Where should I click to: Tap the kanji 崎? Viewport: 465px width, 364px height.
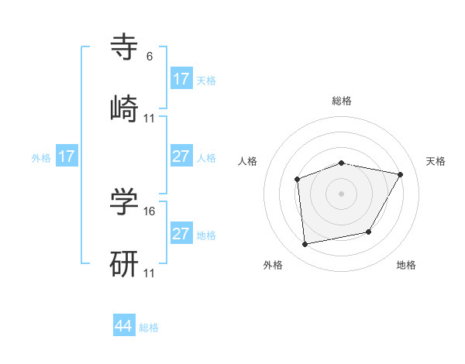(125, 108)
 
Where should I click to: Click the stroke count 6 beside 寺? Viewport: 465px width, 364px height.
(150, 57)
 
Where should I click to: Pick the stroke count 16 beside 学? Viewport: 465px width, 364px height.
(150, 211)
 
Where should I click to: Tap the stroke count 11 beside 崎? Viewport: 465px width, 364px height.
(150, 118)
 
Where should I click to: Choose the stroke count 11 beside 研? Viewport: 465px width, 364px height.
(150, 273)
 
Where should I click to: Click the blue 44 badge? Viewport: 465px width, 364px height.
(124, 326)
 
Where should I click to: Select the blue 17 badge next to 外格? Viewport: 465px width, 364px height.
(67, 156)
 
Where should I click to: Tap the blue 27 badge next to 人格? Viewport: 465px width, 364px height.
(181, 156)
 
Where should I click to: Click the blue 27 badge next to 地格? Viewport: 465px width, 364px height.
(181, 234)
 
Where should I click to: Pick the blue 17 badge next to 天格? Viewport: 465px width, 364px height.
(181, 79)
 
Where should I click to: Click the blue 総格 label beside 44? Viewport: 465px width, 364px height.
(149, 328)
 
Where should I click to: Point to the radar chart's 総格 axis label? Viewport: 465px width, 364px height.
(341, 101)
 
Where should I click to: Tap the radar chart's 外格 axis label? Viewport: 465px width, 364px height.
(273, 265)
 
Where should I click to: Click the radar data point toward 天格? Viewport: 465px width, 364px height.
(400, 175)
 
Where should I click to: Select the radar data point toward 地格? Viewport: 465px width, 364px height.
(369, 232)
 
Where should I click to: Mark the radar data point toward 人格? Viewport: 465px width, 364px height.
(297, 180)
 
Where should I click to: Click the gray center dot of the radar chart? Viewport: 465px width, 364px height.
(341, 194)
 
